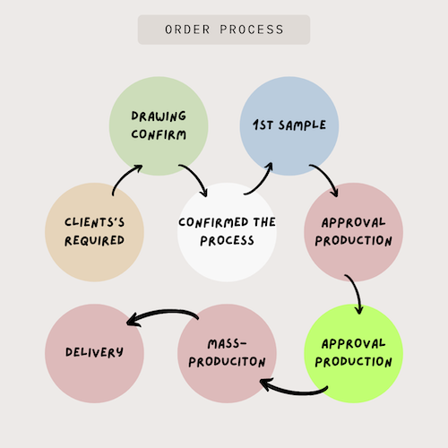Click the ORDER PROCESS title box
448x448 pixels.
(x=224, y=30)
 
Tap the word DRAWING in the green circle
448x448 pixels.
(x=159, y=116)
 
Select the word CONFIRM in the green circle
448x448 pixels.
(x=159, y=134)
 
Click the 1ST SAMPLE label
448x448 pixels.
(x=289, y=125)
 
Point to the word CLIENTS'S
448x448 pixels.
(x=94, y=222)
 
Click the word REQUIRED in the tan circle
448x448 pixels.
(x=94, y=240)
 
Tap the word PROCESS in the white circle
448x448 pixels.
(x=227, y=240)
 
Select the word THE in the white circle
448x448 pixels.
(x=264, y=222)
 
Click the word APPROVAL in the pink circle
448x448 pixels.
(x=353, y=222)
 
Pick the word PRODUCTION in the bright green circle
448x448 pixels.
(x=353, y=362)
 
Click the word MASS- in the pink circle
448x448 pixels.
(x=227, y=344)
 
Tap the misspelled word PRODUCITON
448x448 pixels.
(x=227, y=362)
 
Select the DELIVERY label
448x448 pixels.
(x=94, y=352)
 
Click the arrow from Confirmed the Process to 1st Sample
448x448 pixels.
(x=263, y=182)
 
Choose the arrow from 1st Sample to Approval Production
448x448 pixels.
(x=327, y=177)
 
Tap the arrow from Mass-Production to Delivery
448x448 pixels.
(x=163, y=312)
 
